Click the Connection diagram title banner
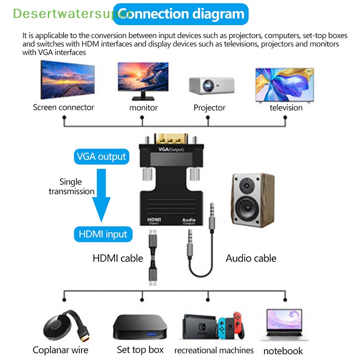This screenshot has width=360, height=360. pos(181,14)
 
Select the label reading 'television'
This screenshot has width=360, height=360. pos(286,108)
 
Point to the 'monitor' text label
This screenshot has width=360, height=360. pos(143,108)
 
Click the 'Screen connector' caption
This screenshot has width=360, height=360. pos(63,107)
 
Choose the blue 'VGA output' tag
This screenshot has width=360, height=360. pos(101,157)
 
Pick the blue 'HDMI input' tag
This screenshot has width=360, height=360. pos(103,234)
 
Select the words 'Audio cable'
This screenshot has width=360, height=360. pos(251,258)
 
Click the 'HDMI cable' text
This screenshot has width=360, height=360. pos(117,258)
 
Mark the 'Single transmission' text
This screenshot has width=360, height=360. pos(72,186)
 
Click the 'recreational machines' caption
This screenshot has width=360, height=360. pos(214,350)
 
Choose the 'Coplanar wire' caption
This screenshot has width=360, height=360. pos(60,350)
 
